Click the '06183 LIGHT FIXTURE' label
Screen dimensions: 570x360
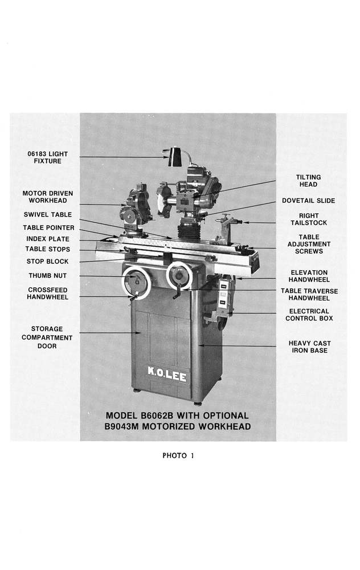point(47,157)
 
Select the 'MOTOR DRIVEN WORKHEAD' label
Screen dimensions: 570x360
point(48,197)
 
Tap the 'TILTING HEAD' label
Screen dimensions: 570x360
point(308,181)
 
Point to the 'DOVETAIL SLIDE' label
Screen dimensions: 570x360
point(308,201)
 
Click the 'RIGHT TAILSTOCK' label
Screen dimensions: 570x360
point(309,219)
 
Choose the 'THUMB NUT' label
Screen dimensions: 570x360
point(48,276)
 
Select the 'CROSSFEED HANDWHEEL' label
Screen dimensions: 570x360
point(48,294)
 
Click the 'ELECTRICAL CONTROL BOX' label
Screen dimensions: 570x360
point(309,315)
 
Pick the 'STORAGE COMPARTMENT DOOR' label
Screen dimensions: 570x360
point(47,337)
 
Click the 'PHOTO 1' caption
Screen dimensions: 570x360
point(178,455)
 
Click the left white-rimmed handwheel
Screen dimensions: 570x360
point(136,282)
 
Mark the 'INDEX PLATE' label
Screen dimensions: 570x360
point(48,239)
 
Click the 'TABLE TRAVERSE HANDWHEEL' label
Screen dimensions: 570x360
point(309,294)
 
